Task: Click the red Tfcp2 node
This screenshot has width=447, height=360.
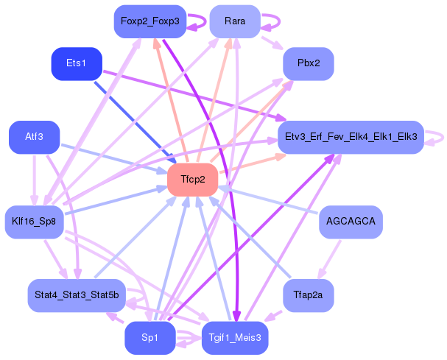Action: coord(193,180)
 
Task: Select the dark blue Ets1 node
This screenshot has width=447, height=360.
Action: coord(77,63)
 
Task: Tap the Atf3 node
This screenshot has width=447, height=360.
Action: coord(34,137)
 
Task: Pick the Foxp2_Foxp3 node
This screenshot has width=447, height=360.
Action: coord(150,21)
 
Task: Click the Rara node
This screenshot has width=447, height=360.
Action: coord(235,21)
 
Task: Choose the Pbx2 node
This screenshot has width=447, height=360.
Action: coord(309,63)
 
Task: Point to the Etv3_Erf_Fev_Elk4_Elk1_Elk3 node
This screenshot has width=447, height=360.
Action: coord(351,137)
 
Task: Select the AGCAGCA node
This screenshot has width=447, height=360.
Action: coord(351,222)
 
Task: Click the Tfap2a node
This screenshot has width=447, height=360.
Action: coord(309,295)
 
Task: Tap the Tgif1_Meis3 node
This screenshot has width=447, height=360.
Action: coord(235,338)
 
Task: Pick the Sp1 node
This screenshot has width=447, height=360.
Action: coord(150,338)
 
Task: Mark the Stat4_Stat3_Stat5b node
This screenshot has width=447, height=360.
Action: coord(77,295)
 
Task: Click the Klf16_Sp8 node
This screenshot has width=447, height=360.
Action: coord(34,222)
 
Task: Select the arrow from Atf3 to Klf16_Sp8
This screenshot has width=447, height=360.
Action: coord(35,180)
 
